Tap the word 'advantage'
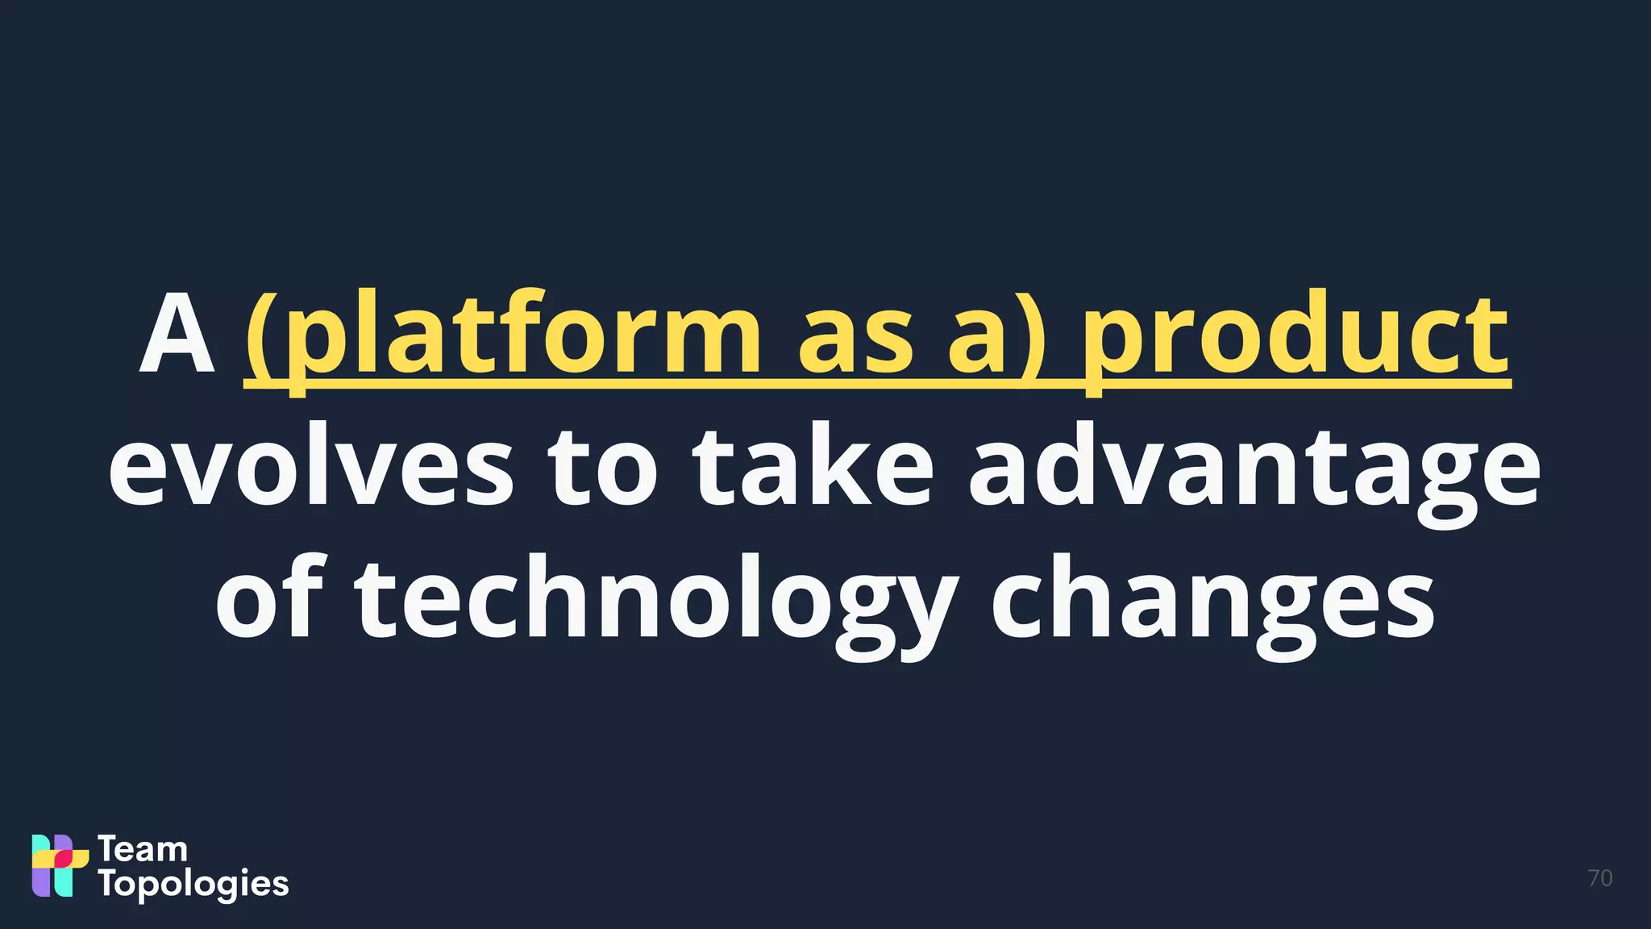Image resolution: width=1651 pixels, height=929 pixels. click(1254, 472)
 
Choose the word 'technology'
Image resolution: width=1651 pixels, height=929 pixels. click(657, 605)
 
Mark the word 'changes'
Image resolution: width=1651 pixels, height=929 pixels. click(1212, 605)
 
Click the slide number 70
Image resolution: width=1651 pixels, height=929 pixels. click(1599, 878)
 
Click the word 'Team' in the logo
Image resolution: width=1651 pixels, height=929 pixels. click(143, 849)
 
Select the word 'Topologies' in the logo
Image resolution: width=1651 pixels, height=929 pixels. click(193, 885)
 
